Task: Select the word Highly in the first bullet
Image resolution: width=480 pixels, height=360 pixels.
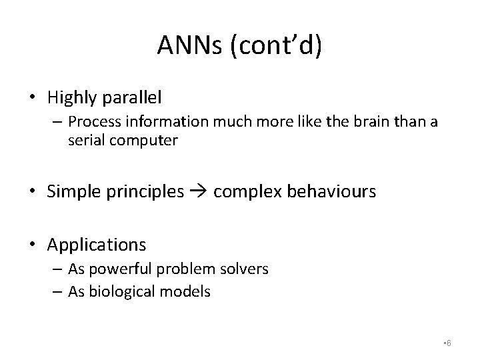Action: point(73,97)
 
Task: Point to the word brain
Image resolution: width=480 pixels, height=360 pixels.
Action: point(355,122)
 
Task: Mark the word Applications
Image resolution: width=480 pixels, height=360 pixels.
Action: point(97,245)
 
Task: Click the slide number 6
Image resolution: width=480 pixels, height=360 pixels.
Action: point(449,343)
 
